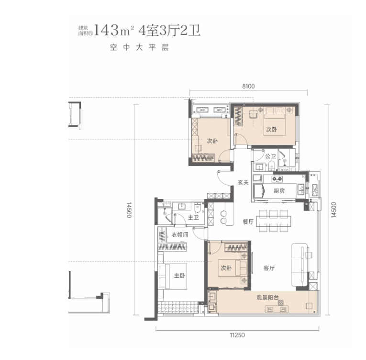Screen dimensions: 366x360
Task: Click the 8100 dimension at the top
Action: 248,87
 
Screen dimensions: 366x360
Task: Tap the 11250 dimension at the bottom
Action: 237,335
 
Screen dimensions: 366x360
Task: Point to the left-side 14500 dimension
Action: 129,210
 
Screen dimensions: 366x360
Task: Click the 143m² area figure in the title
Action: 114,30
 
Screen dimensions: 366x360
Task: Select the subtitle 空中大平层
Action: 139,48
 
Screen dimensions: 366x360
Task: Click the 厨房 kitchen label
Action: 279,191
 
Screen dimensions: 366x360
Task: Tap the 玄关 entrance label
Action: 243,182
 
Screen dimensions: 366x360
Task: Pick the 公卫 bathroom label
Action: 270,156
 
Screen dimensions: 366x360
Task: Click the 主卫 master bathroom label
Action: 193,218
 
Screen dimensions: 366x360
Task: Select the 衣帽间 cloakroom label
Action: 180,235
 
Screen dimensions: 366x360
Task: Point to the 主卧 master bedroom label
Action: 179,275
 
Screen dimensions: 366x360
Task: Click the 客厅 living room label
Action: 269,268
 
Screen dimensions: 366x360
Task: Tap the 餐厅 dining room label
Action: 248,222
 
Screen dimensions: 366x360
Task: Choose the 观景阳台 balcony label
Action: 267,297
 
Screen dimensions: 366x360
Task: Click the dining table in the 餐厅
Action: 273,221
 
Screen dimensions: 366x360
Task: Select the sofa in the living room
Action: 299,265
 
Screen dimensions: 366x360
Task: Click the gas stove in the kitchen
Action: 277,179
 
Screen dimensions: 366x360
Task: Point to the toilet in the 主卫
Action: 197,207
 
